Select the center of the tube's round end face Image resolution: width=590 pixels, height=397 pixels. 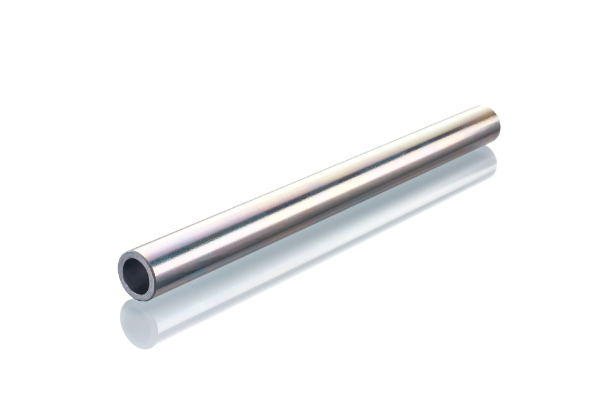coord(137,274)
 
